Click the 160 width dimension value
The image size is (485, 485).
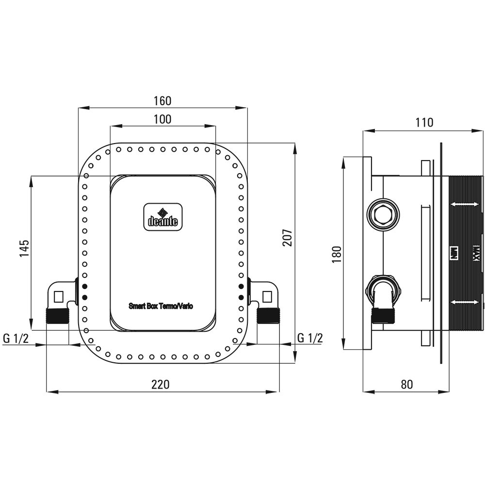tap(162, 101)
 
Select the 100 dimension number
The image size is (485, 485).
tap(162, 119)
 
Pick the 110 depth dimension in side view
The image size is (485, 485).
tap(424, 123)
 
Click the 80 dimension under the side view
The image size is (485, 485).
tap(407, 385)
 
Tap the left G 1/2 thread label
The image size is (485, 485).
tap(16, 339)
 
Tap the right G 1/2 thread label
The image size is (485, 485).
tap(309, 339)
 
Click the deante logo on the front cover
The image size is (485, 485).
tap(162, 216)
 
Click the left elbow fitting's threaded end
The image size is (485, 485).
tap(56, 316)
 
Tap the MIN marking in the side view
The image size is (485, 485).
tap(454, 252)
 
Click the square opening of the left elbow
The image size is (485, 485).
tap(60, 295)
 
